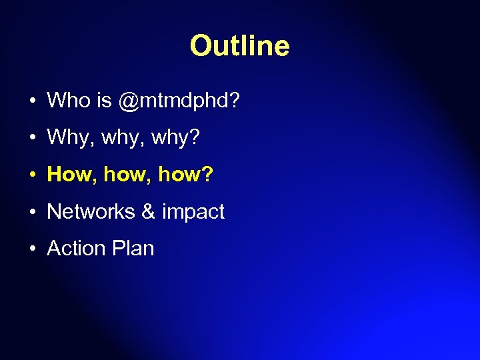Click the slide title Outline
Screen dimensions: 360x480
click(x=239, y=46)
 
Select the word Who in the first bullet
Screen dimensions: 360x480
click(x=69, y=101)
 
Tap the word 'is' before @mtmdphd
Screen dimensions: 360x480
click(x=103, y=101)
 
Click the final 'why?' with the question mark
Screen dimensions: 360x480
click(x=176, y=139)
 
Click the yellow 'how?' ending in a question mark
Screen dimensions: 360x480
click(x=186, y=175)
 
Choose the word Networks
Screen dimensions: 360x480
click(x=91, y=212)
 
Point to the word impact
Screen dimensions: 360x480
click(x=193, y=213)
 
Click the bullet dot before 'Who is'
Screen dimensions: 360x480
click(x=32, y=102)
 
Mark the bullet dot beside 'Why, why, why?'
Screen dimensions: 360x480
click(x=32, y=139)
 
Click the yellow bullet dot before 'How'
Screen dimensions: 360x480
click(x=32, y=175)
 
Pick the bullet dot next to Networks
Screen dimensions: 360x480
click(x=32, y=213)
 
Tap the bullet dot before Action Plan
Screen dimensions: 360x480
click(x=32, y=249)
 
